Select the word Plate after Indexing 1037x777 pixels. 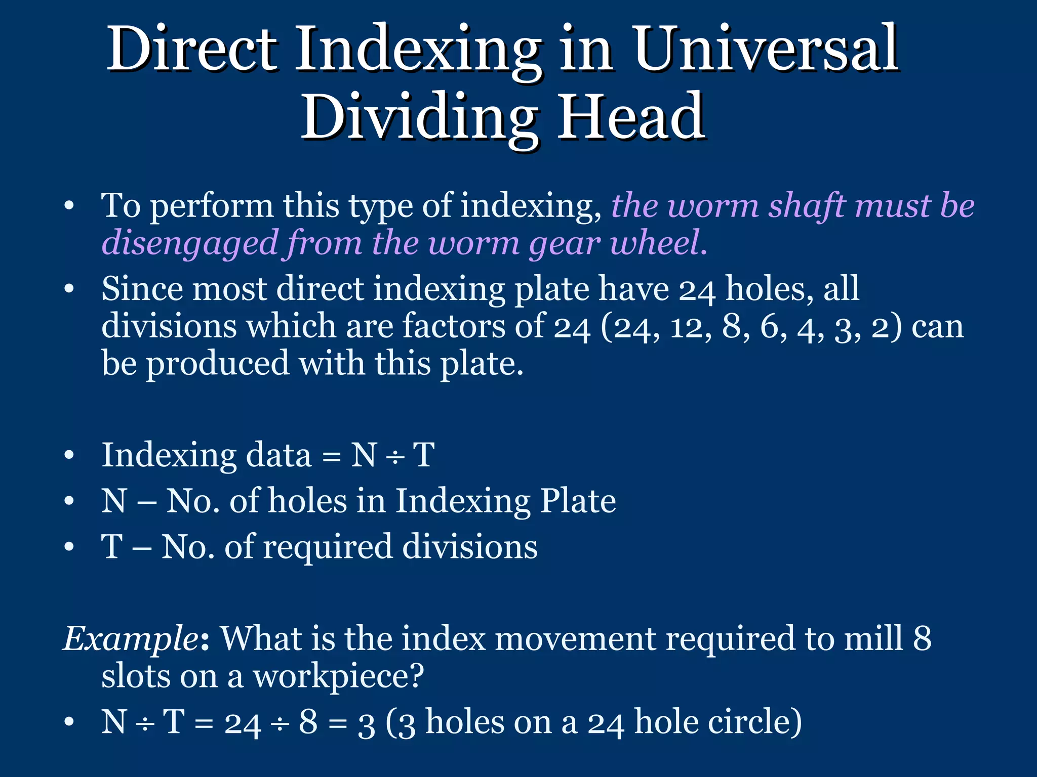click(x=578, y=501)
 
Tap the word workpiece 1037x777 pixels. click(x=337, y=676)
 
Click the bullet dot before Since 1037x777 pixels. click(x=69, y=289)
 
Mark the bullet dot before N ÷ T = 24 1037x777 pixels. click(x=69, y=722)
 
